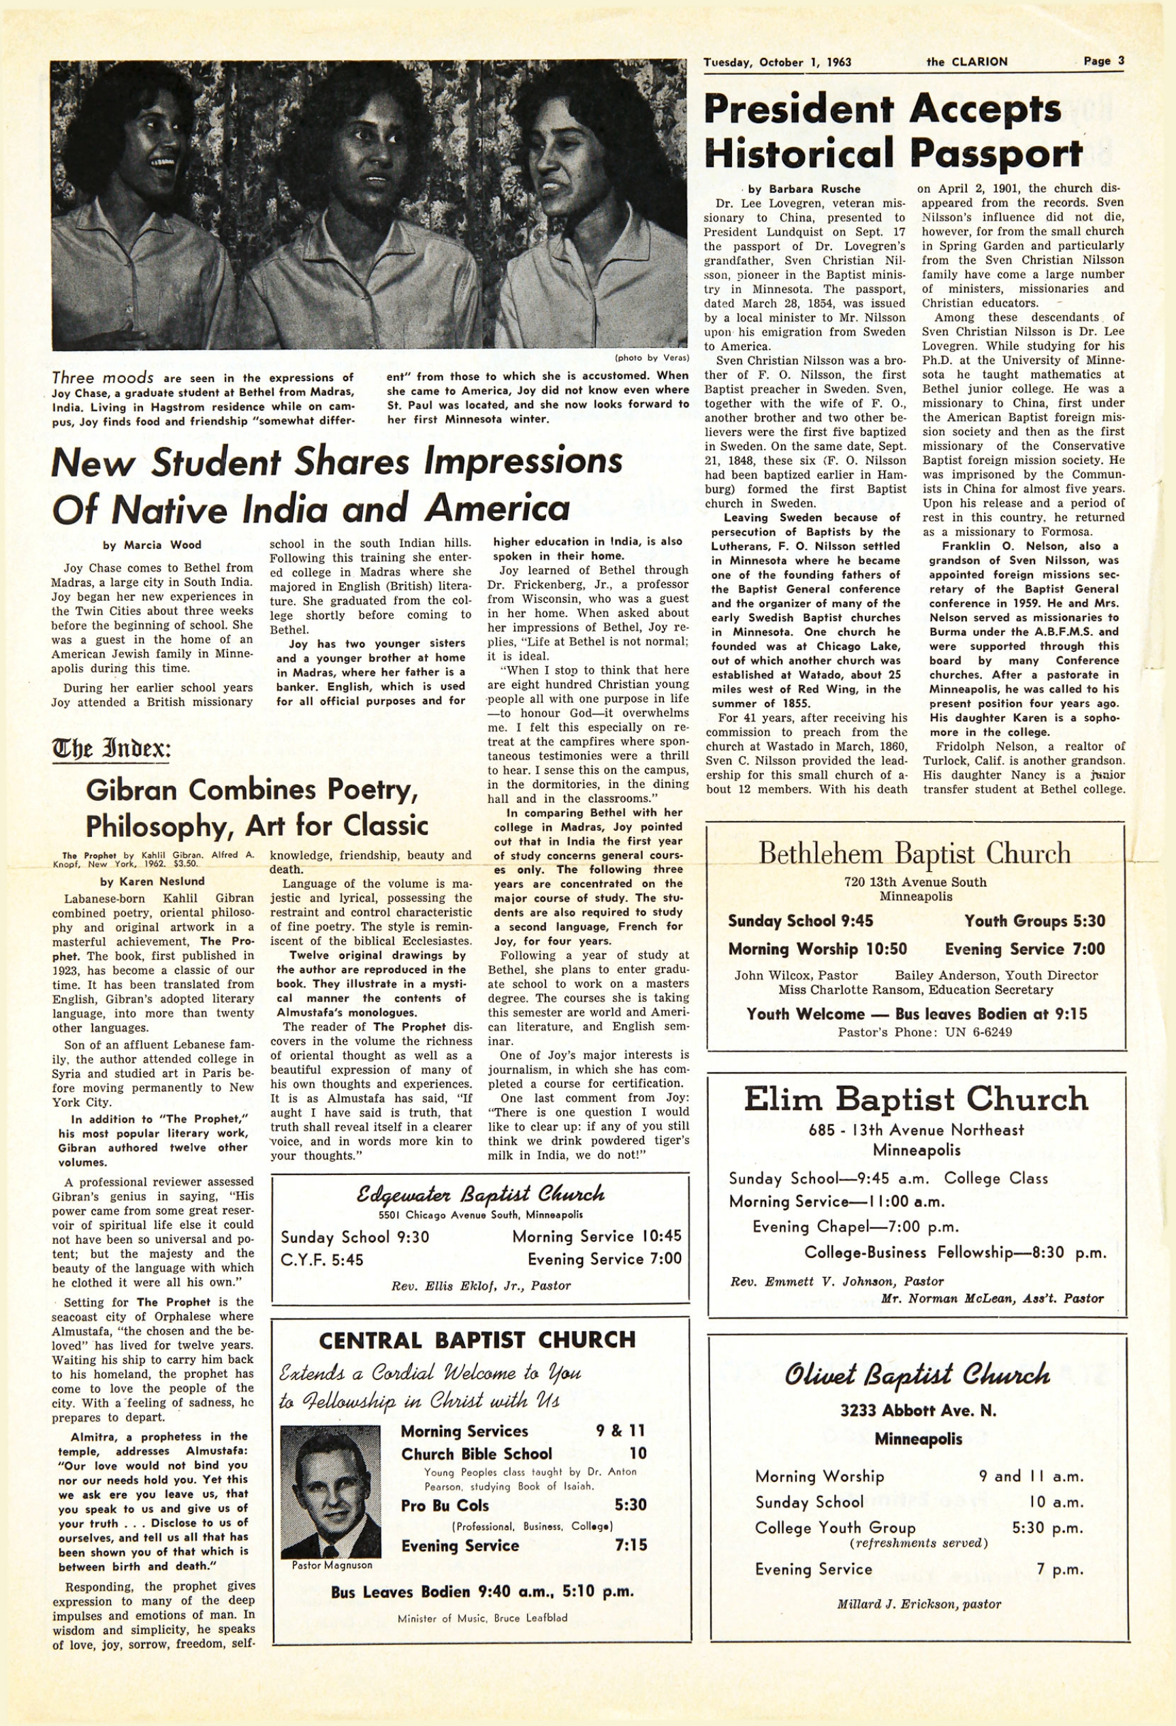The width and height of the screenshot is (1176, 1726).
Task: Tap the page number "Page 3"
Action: pos(1103,61)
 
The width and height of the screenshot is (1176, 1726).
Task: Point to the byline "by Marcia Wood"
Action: pos(153,545)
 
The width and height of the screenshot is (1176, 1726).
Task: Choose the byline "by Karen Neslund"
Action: pos(153,881)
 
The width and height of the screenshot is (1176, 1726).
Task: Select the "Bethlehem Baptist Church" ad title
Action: pos(914,853)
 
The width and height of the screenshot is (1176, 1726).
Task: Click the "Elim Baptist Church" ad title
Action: pos(915,1099)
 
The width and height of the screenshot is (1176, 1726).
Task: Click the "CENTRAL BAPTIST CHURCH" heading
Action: pos(477,1340)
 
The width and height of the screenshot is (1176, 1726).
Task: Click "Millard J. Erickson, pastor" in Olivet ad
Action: pos(919,1604)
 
